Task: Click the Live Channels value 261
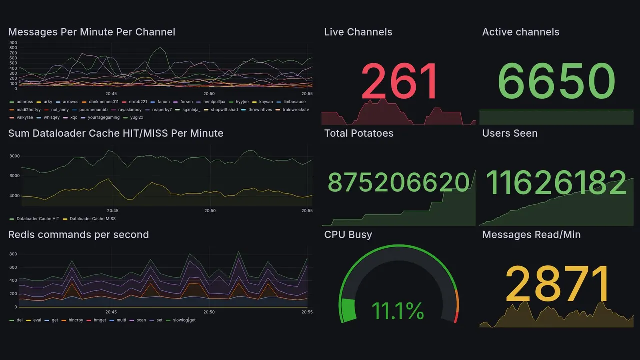[399, 82]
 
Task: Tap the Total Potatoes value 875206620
[399, 183]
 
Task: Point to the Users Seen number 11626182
[556, 183]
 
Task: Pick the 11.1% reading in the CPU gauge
[398, 311]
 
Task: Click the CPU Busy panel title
[348, 235]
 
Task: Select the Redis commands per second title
[78, 235]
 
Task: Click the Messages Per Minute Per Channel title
[92, 32]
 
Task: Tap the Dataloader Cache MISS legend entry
[92, 219]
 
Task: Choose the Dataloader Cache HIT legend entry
[38, 219]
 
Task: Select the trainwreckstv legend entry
[296, 109]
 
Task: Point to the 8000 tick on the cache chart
[14, 156]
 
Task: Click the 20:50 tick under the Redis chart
[209, 312]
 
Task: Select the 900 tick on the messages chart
[13, 43]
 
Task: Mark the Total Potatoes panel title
[359, 133]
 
